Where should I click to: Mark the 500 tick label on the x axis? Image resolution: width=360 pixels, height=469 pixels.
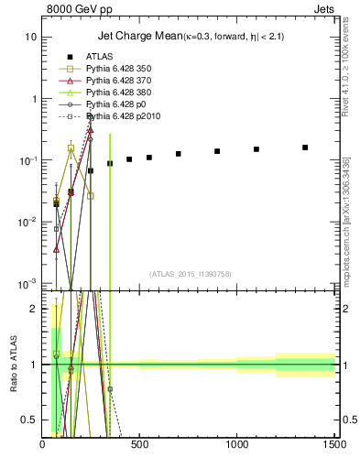coord(140,445)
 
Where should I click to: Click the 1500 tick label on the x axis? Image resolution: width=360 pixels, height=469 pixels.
coord(334,445)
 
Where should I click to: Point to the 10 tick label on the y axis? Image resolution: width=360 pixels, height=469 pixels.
coord(31,38)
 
